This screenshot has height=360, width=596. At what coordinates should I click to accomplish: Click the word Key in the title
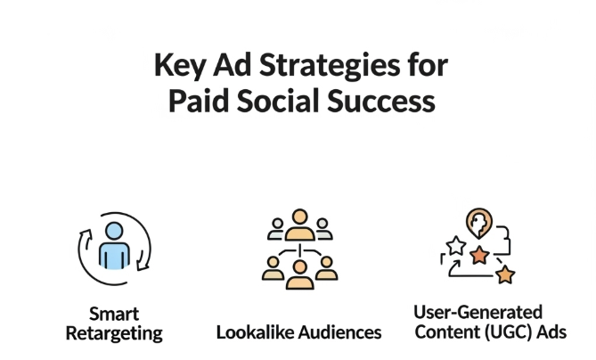tap(179, 66)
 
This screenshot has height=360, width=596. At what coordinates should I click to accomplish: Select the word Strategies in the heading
tap(330, 66)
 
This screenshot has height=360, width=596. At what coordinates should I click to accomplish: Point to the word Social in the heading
tap(278, 101)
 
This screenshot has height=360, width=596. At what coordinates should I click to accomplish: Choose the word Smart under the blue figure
tap(114, 315)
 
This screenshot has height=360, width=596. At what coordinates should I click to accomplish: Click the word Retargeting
tap(114, 334)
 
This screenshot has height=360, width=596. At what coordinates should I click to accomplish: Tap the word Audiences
tap(339, 332)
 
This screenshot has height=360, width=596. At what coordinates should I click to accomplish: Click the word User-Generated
tap(478, 313)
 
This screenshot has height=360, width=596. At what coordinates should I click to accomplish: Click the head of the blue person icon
tap(114, 231)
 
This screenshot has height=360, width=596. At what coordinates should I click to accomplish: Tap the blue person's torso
tap(114, 255)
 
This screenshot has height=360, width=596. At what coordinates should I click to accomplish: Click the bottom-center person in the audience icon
tap(299, 274)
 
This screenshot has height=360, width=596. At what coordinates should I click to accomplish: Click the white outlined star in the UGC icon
tap(456, 246)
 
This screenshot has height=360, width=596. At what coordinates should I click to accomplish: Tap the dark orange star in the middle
tap(479, 255)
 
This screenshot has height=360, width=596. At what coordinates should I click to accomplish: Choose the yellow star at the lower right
tap(505, 274)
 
